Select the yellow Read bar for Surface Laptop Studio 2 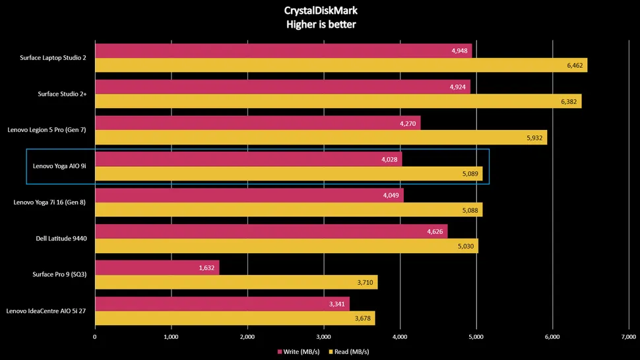(x=340, y=65)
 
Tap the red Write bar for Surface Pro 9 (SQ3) (x=157, y=267)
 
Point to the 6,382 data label (x=567, y=102)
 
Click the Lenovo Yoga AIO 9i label (x=59, y=166)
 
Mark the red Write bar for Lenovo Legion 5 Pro (x=257, y=123)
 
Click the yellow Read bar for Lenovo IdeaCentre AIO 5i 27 (x=235, y=318)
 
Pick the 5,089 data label (x=469, y=173)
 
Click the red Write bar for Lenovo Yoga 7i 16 (x=249, y=195)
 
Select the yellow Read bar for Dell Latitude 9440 (x=286, y=246)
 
